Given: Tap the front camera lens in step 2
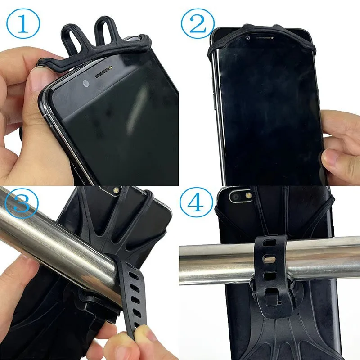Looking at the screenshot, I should pos(248,39).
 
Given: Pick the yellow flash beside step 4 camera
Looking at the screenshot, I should pos(248,197).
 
